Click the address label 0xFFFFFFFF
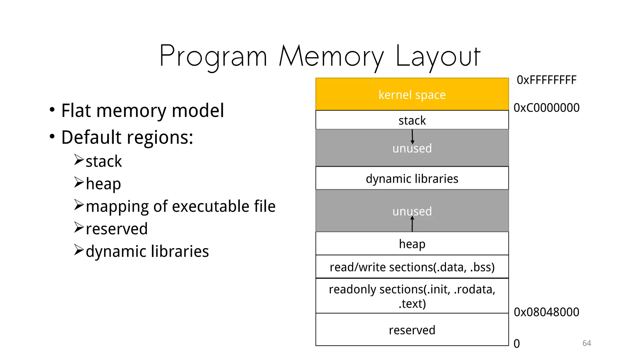(546, 80)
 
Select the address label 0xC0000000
(546, 108)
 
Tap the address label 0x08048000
(546, 312)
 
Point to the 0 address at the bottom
(517, 344)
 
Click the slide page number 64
(587, 343)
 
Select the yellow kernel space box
(412, 94)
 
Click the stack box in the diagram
(412, 120)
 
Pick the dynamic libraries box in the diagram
(412, 178)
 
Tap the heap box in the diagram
(412, 244)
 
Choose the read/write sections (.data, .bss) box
(412, 267)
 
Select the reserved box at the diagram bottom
(412, 330)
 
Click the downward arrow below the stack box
(412, 137)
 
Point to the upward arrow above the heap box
(412, 224)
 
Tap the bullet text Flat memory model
(142, 111)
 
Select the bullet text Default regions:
(127, 137)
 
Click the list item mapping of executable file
(181, 206)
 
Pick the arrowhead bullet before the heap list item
(79, 182)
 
